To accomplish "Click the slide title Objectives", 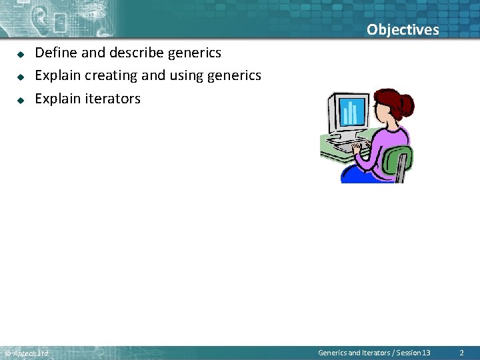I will (403, 29).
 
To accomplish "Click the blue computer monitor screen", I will (352, 111).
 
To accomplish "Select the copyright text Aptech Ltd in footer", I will (30, 353).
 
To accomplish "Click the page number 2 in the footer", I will (461, 353).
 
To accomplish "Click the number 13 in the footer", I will (426, 353).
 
